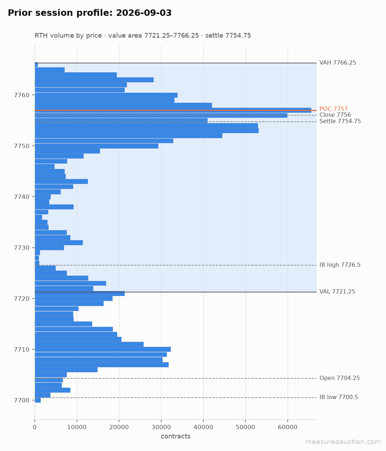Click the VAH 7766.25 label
338,63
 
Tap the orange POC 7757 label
333,109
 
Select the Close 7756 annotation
335,115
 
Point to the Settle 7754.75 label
340,121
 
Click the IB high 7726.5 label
340,265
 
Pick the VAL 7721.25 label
337,291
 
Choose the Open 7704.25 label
340,378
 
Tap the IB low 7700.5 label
338,397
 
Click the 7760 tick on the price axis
21,95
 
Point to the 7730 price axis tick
21,248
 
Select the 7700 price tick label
21,401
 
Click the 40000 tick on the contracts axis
203,427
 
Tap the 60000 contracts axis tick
288,427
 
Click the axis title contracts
175,436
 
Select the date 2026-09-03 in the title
144,13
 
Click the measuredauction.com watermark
343,442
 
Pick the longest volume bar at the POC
173,110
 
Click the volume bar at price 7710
103,349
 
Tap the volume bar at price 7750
96,146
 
